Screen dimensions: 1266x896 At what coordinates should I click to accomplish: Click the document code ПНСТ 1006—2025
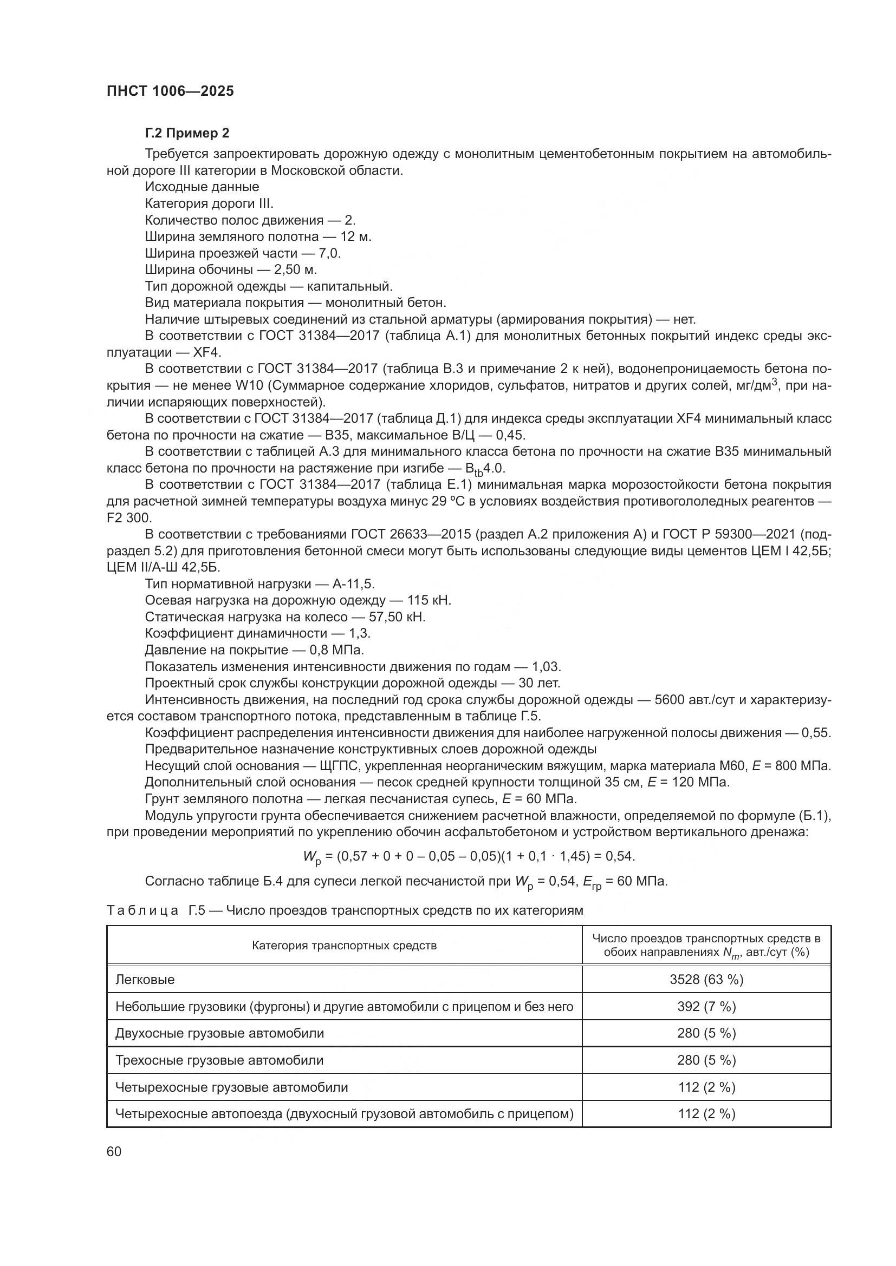click(x=170, y=91)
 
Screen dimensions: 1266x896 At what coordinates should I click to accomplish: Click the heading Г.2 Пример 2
click(x=187, y=133)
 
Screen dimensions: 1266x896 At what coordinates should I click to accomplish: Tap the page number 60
click(x=114, y=1152)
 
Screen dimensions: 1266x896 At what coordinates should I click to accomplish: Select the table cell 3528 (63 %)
click(x=706, y=980)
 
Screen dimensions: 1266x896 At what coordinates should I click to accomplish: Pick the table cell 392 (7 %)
click(x=706, y=1007)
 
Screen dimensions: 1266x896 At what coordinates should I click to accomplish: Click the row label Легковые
click(x=145, y=980)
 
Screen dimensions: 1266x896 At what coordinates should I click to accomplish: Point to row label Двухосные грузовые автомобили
click(x=219, y=1033)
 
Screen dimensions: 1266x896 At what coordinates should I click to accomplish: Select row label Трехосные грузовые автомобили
click(x=219, y=1060)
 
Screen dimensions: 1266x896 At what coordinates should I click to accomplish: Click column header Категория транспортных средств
click(x=345, y=946)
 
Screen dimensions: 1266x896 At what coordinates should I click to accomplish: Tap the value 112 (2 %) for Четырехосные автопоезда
click(x=706, y=1114)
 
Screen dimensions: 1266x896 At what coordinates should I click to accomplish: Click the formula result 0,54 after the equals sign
click(x=620, y=856)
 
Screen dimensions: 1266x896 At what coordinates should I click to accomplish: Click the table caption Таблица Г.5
click(x=155, y=910)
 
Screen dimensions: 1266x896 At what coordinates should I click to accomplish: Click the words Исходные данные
click(x=202, y=187)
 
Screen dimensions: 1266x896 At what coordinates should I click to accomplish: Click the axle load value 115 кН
click(x=428, y=600)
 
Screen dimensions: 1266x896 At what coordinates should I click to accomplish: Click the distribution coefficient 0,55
click(x=815, y=733)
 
